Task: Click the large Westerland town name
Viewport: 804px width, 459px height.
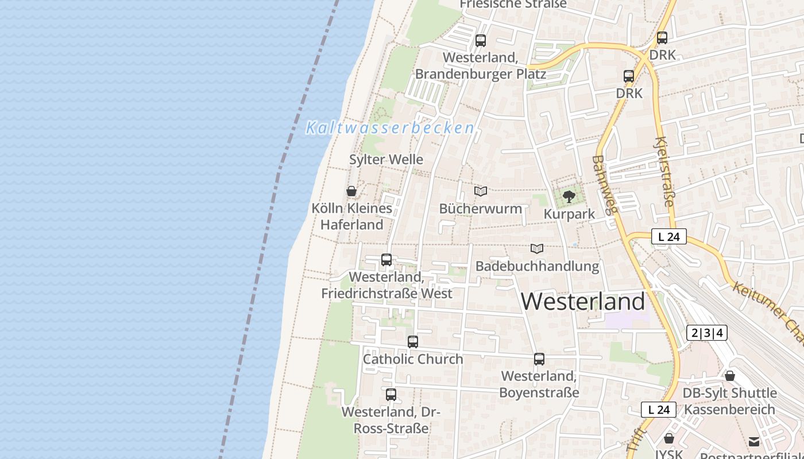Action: [x=583, y=302]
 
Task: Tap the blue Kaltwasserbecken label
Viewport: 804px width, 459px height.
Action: [x=391, y=128]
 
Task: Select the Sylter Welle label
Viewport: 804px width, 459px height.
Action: [x=386, y=160]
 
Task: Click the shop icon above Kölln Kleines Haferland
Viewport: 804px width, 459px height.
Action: [x=351, y=191]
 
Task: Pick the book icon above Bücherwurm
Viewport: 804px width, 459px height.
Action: [x=481, y=191]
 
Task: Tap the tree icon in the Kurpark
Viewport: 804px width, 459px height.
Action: [x=569, y=197]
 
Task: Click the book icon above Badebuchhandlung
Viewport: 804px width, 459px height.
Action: [x=537, y=248]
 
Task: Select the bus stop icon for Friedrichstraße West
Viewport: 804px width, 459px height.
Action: [x=386, y=260]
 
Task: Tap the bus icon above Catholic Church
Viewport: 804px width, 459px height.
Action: [x=413, y=342]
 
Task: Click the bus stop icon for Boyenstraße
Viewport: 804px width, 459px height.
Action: [x=539, y=359]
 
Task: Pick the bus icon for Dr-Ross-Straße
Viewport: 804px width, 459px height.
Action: [x=391, y=395]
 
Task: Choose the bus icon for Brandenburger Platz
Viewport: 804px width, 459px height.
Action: [x=481, y=41]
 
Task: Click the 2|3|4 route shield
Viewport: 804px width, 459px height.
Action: [x=707, y=333]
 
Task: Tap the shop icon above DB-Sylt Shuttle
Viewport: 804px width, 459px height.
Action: [x=729, y=376]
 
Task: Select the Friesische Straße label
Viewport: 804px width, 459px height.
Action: [x=513, y=4]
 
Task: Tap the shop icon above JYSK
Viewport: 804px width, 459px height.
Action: [x=668, y=439]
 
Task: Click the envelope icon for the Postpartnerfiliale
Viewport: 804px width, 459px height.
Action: [x=754, y=441]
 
